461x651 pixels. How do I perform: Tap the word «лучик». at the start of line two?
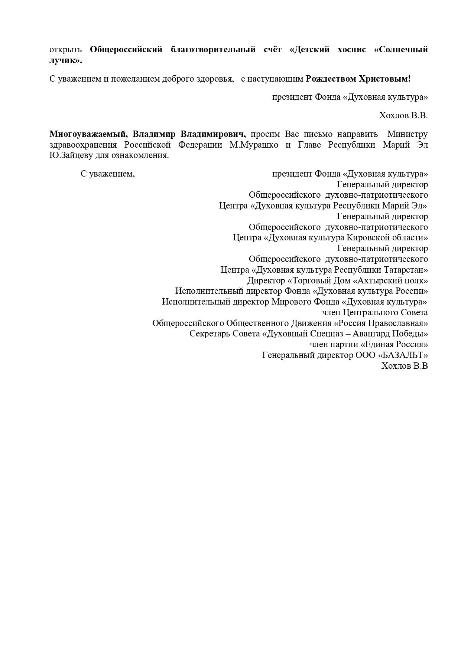[x=65, y=60]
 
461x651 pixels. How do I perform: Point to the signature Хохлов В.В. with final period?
[x=403, y=115]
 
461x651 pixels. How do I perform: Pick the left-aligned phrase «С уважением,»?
[x=108, y=174]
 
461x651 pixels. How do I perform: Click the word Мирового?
[x=291, y=302]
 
